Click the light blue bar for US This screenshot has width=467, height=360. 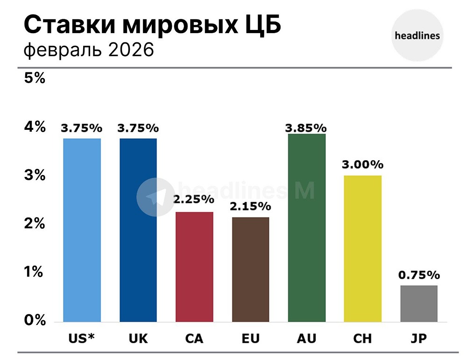click(x=82, y=230)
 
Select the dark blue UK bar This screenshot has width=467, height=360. click(x=138, y=230)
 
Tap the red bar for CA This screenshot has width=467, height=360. click(x=194, y=267)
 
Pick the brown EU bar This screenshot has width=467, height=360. click(x=250, y=269)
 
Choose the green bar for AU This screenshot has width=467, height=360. click(x=306, y=227)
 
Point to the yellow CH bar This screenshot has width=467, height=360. click(x=362, y=248)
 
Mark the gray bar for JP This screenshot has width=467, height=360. click(x=418, y=303)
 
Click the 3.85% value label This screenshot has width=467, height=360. click(x=306, y=127)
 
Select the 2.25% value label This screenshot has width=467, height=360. click(x=194, y=199)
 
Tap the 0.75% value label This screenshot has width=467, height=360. click(x=418, y=275)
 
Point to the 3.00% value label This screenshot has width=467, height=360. click(x=363, y=164)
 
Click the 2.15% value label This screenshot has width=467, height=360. click(x=250, y=206)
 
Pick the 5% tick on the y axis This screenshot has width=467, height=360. click(x=35, y=78)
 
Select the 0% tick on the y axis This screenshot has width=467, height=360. click(x=35, y=320)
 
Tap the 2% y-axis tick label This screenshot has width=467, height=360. click(x=35, y=224)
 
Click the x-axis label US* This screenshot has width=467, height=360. click(x=82, y=339)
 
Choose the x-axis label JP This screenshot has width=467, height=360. click(x=418, y=339)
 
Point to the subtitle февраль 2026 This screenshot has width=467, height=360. click(x=89, y=49)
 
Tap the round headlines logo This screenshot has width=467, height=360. click(x=417, y=35)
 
